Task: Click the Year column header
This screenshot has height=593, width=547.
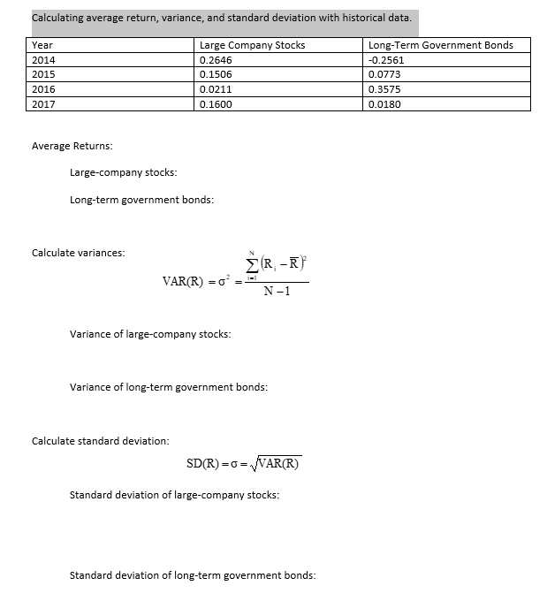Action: tap(42, 45)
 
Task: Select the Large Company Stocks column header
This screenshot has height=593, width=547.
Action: tap(253, 45)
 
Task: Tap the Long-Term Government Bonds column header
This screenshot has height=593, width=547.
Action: tap(440, 45)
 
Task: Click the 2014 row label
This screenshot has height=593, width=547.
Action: tap(42, 60)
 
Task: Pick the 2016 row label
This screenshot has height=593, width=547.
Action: tap(42, 89)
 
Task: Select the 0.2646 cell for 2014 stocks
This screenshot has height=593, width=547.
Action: tap(217, 60)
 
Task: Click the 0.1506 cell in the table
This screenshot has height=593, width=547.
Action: tap(217, 74)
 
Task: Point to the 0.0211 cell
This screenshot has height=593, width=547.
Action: tap(217, 89)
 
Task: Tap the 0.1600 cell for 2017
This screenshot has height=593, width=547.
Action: tap(217, 103)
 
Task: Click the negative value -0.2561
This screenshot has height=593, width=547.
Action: tap(386, 60)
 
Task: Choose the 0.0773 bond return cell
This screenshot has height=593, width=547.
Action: tap(384, 74)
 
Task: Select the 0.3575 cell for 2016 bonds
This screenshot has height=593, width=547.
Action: tap(384, 89)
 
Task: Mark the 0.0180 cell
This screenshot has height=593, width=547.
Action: tap(384, 103)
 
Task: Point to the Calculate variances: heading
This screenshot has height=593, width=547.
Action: tap(78, 253)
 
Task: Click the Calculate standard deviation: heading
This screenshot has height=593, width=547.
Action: tap(100, 440)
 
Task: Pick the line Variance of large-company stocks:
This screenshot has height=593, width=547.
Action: tap(149, 333)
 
